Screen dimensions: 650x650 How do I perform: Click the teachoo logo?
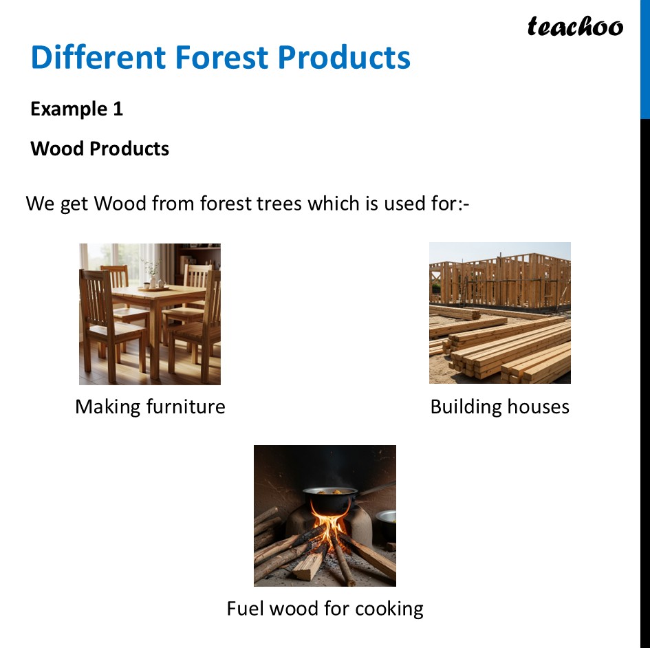[575, 27]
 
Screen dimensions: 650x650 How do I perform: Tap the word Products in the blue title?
[344, 57]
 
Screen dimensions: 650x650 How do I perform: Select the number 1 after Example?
[118, 109]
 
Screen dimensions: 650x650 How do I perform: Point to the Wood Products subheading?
[100, 149]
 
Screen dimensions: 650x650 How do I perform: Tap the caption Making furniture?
[150, 407]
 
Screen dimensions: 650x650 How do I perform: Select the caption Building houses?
[499, 407]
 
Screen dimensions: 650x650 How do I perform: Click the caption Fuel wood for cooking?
[325, 608]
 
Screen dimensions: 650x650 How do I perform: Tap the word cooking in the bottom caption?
[389, 608]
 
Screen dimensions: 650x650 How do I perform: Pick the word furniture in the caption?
[186, 407]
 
